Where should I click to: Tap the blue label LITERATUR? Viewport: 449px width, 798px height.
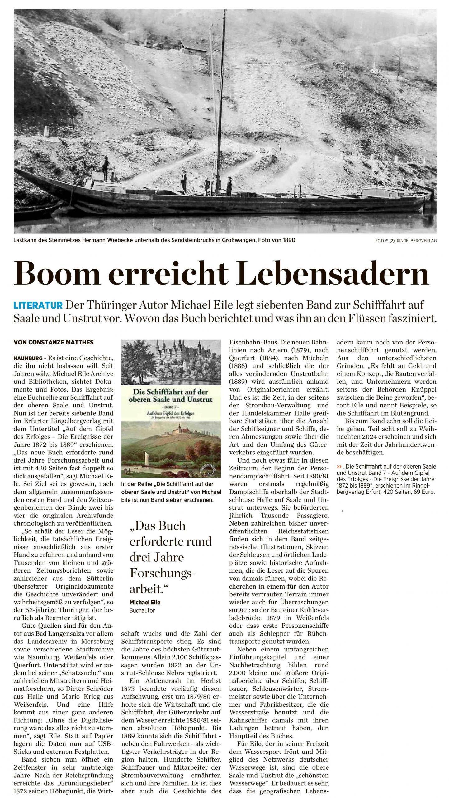[38, 305]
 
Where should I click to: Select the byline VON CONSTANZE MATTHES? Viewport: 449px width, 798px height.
[54, 342]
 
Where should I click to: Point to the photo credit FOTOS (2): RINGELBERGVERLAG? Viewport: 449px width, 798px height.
[406, 241]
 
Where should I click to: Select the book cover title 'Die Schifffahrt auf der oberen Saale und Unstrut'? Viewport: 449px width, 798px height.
[171, 395]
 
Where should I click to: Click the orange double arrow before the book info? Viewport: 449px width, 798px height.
[339, 467]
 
